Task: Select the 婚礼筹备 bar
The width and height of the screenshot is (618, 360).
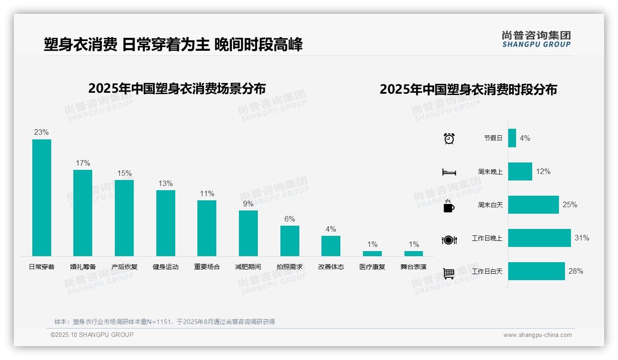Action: tap(83, 213)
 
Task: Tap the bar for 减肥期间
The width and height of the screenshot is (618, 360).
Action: tap(248, 233)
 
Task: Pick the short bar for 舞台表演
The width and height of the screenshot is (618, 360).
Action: tap(414, 253)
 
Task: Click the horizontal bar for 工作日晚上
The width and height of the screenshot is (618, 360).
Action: tap(539, 238)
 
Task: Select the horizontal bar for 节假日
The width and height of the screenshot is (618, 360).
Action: tap(512, 138)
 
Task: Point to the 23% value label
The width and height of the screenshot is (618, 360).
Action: tap(42, 132)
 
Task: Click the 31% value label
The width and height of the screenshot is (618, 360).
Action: tap(582, 238)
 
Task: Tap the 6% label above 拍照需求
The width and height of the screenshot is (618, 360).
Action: tap(290, 219)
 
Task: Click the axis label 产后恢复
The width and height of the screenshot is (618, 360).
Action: tap(125, 267)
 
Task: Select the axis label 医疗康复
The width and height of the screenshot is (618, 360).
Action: tap(372, 267)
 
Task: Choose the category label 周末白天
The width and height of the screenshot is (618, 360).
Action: tap(490, 205)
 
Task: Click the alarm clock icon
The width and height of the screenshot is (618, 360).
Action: tap(449, 138)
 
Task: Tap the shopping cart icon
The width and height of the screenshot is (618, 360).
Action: tap(449, 273)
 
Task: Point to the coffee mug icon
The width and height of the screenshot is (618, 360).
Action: tap(449, 206)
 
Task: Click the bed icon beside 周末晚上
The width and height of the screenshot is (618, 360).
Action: tap(449, 172)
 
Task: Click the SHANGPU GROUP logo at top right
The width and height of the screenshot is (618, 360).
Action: tap(536, 39)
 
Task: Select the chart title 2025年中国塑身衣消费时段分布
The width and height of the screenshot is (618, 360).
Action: tap(468, 90)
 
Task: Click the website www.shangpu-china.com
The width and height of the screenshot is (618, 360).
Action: tap(537, 335)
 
